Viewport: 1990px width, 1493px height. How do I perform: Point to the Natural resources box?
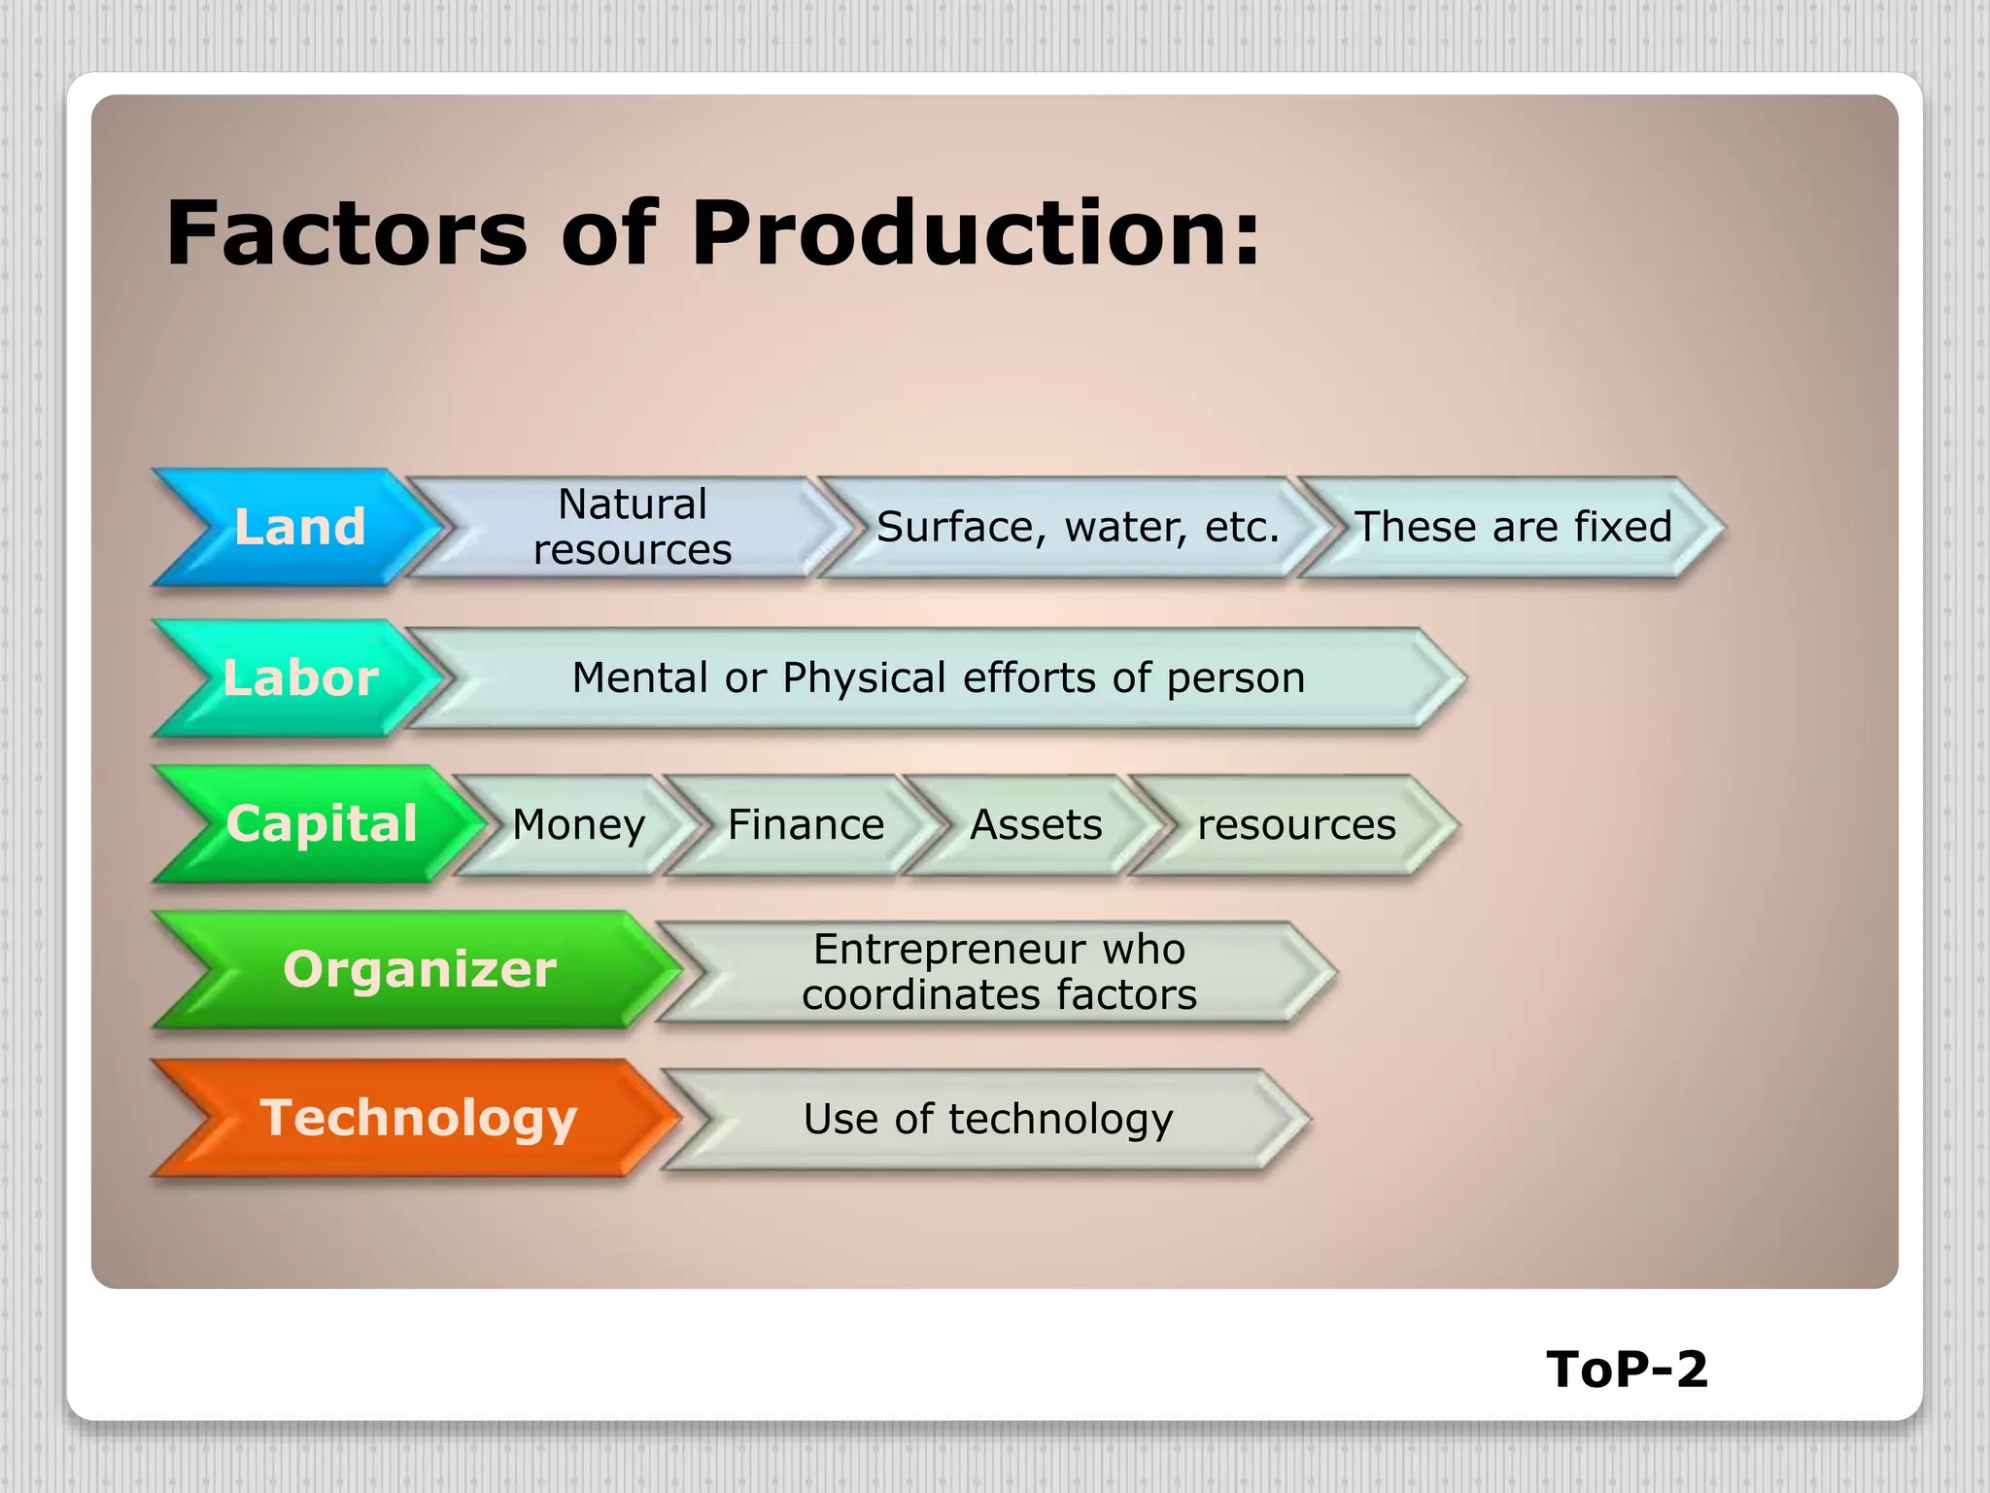pyautogui.click(x=632, y=527)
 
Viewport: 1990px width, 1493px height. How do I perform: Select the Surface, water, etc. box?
pyautogui.click(x=1077, y=527)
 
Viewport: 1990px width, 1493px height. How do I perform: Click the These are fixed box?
pyautogui.click(x=1512, y=527)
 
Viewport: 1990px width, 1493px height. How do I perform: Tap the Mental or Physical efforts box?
pyautogui.click(x=938, y=677)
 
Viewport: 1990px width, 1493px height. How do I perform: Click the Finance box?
pyautogui.click(x=806, y=824)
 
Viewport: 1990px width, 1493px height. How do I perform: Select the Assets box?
pyautogui.click(x=1036, y=824)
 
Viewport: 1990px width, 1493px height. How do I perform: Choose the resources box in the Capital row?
pyautogui.click(x=1296, y=824)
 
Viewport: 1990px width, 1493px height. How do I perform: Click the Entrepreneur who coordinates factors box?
pyautogui.click(x=999, y=972)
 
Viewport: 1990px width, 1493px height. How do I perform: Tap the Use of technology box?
pyautogui.click(x=987, y=1119)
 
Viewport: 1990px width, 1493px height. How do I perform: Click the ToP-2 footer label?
pyautogui.click(x=1627, y=1369)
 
